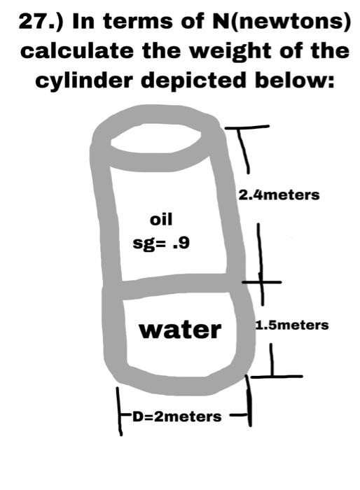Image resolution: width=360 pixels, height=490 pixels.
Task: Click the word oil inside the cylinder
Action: pyautogui.click(x=160, y=220)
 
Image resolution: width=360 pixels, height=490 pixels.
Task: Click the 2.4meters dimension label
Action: pyautogui.click(x=279, y=194)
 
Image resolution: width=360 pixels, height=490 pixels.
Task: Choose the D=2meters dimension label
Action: pyautogui.click(x=177, y=416)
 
